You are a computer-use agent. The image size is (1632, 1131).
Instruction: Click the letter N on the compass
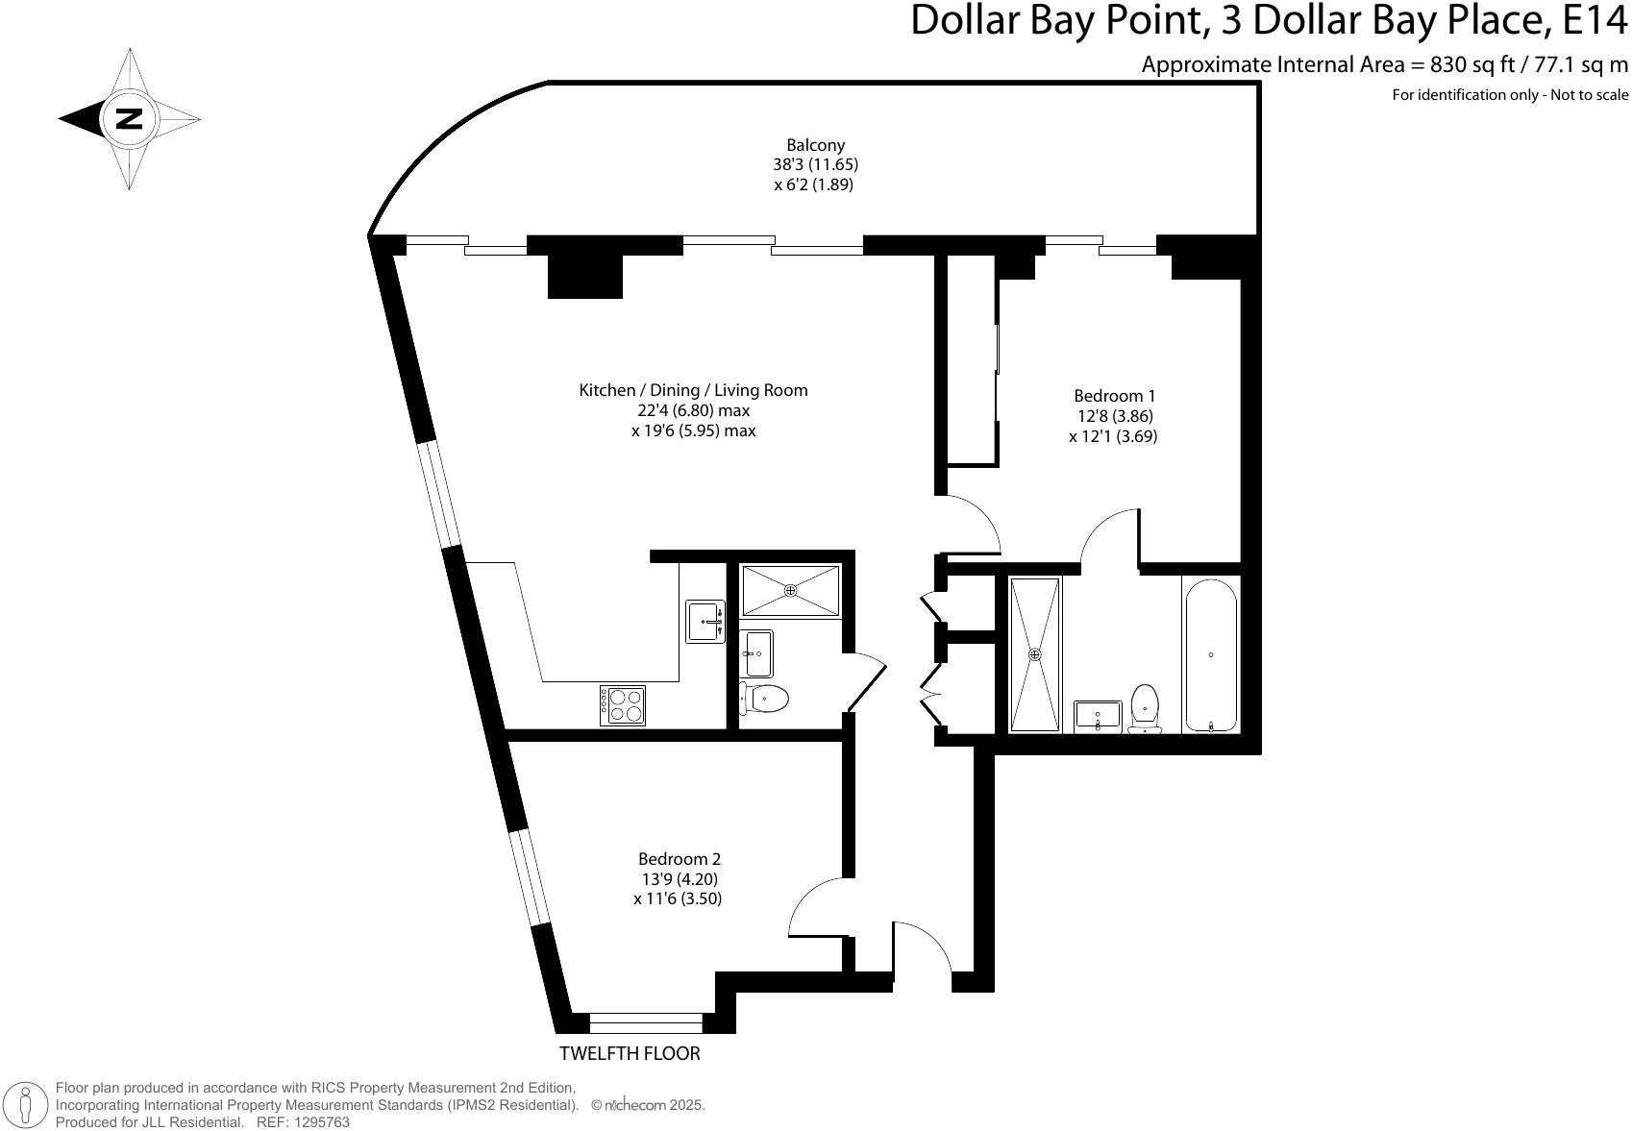click(x=129, y=119)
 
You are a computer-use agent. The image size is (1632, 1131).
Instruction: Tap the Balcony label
click(x=815, y=145)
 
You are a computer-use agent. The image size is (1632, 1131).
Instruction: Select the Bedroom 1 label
click(x=1114, y=396)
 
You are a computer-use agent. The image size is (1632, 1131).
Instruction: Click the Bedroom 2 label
click(x=679, y=859)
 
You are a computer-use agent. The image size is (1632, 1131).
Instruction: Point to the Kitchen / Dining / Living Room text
click(x=693, y=390)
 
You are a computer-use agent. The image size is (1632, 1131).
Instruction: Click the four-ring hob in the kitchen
click(x=622, y=705)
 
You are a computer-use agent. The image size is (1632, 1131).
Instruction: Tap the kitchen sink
click(x=705, y=621)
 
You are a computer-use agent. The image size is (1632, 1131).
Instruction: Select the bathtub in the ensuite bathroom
click(x=1211, y=655)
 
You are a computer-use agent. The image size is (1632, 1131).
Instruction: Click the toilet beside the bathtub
click(x=1144, y=708)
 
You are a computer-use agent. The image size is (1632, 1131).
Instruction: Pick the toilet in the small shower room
click(x=765, y=698)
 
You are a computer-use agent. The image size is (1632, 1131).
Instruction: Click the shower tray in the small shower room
click(x=790, y=590)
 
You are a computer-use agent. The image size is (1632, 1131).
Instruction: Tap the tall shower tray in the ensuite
click(x=1035, y=654)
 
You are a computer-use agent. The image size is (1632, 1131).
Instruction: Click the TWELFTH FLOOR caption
click(x=630, y=1053)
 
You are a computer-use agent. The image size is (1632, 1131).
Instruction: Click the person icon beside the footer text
click(x=26, y=1105)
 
